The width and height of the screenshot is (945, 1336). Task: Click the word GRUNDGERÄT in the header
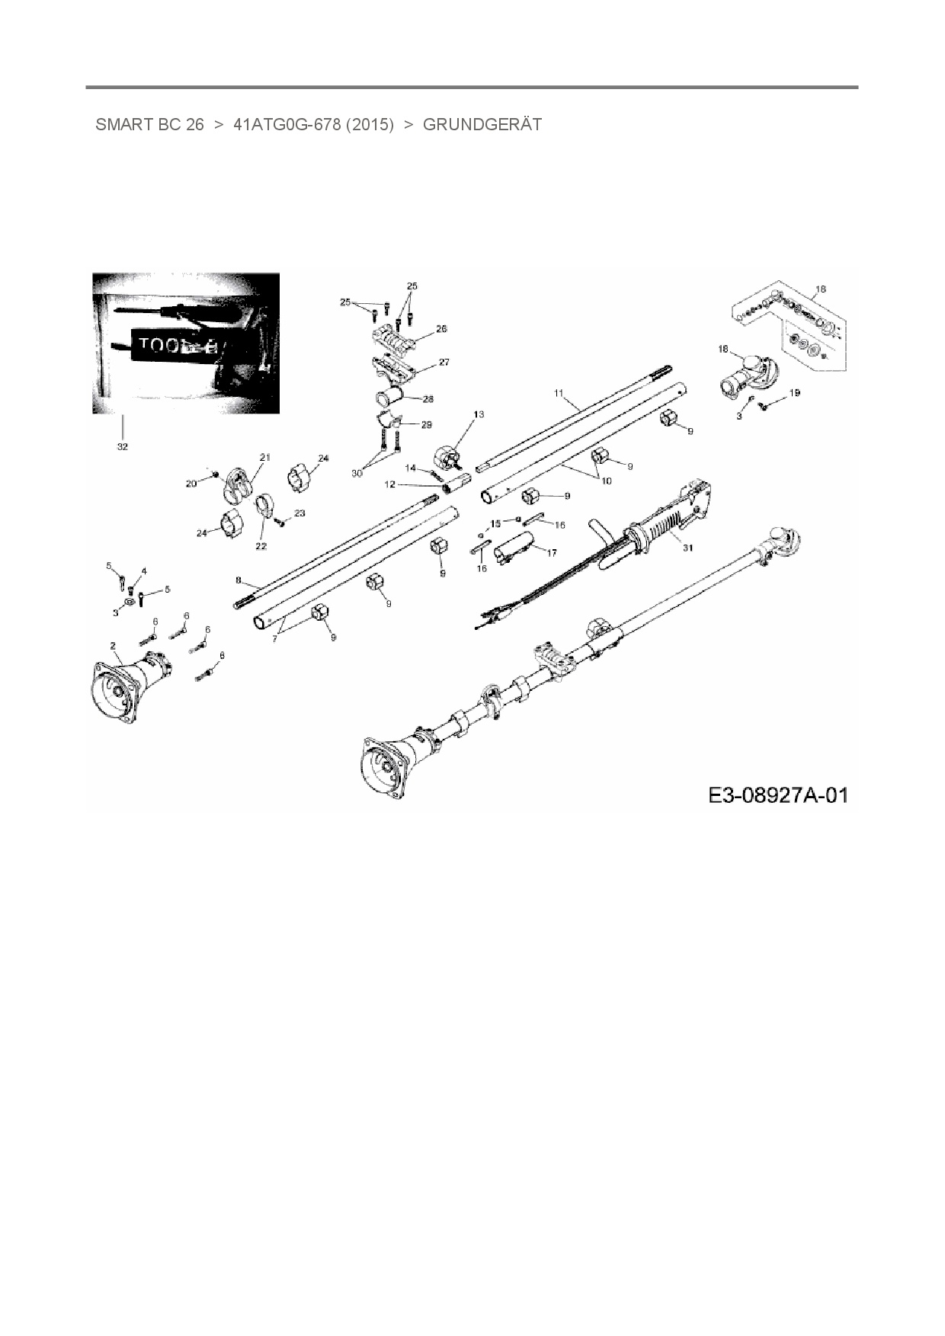tap(482, 125)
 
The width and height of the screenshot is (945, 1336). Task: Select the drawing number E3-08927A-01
tap(777, 796)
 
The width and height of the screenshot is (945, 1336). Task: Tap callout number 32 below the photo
tap(122, 446)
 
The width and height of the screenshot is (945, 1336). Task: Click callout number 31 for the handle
tap(688, 548)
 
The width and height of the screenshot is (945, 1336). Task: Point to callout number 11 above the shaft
tap(559, 393)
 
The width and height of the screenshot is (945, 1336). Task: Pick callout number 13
tap(479, 414)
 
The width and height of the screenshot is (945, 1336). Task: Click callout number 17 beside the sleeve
tap(552, 553)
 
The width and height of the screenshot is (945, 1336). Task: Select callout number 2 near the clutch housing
tap(114, 646)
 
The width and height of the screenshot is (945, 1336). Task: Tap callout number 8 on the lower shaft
tap(238, 580)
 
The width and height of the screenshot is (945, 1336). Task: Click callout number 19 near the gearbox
tap(795, 393)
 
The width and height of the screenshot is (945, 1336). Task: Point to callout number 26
tap(441, 329)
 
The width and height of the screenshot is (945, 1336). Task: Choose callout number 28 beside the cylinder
tap(428, 399)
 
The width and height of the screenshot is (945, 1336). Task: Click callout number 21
tap(265, 457)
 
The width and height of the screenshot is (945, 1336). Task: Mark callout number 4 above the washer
tap(144, 571)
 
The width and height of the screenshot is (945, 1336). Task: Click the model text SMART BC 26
tap(149, 125)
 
